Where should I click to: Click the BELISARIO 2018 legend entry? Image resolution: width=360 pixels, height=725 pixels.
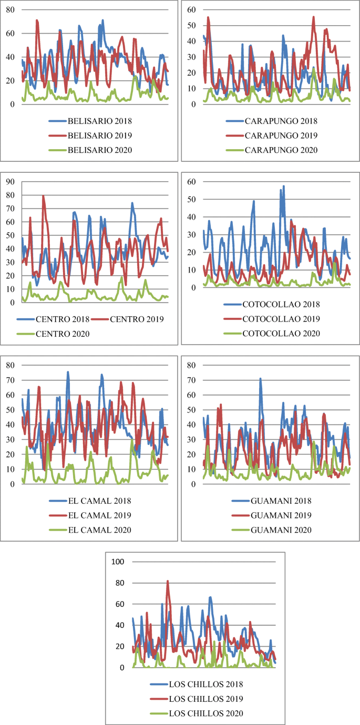[90, 121]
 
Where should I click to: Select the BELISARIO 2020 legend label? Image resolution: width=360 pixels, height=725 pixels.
[90, 150]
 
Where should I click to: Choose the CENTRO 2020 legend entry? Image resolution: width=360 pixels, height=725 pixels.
[54, 334]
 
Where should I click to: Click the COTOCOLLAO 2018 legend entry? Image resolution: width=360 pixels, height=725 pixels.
[271, 304]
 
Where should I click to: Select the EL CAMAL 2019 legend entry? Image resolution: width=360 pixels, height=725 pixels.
[90, 515]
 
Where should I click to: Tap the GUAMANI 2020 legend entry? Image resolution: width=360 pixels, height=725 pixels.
[271, 530]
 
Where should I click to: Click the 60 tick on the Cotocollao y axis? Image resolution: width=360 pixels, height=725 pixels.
[192, 182]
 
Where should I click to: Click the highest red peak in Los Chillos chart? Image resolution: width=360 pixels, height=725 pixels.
[168, 582]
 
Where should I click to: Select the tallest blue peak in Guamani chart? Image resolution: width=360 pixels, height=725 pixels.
[260, 378]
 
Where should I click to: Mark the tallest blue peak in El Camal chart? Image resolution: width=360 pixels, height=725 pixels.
[68, 372]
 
